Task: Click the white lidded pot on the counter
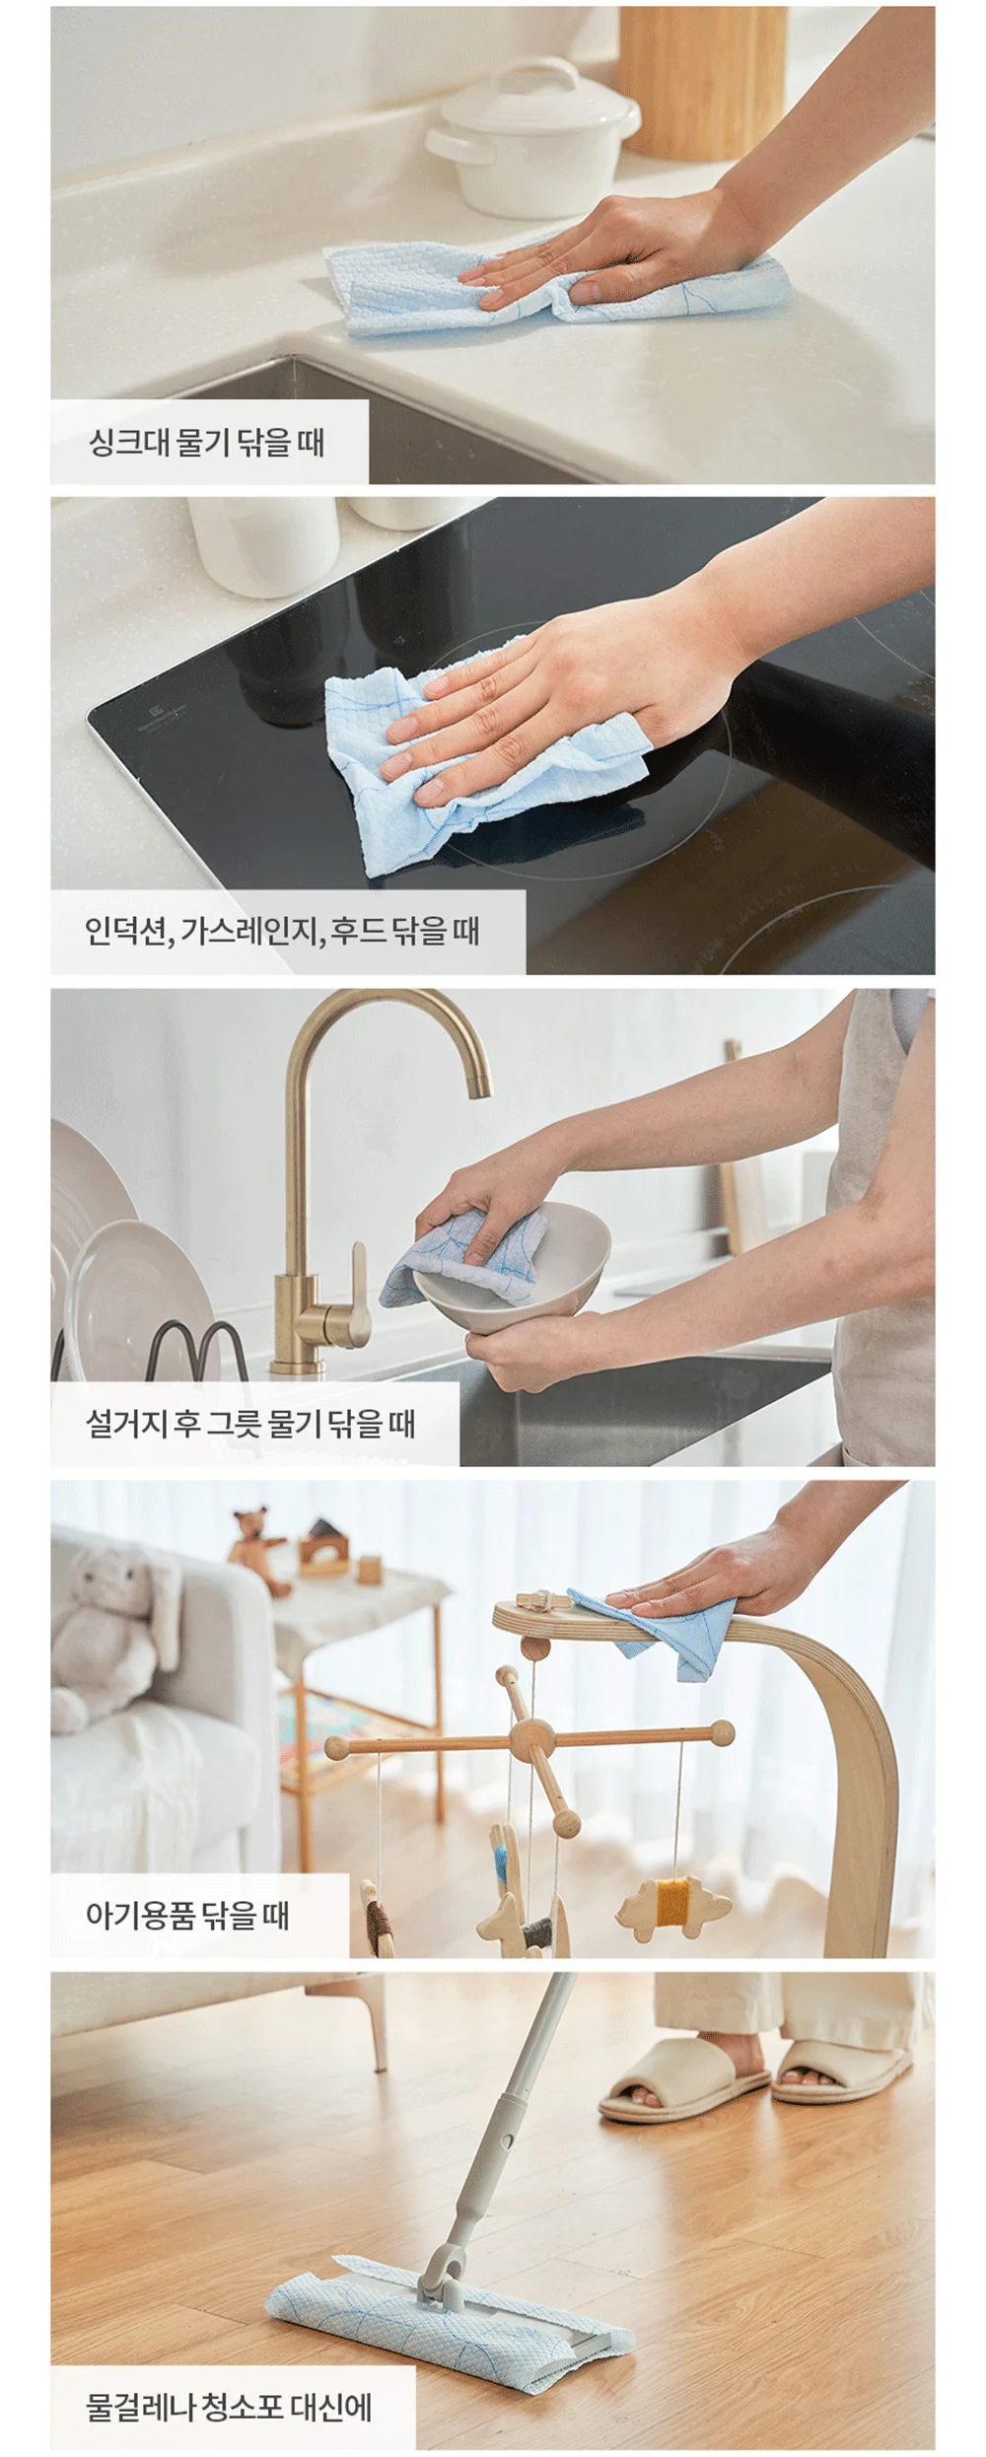[x=532, y=137]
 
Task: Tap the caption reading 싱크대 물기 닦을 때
[x=207, y=442]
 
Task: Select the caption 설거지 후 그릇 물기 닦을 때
[x=250, y=1424]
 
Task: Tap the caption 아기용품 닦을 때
[x=187, y=1915]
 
